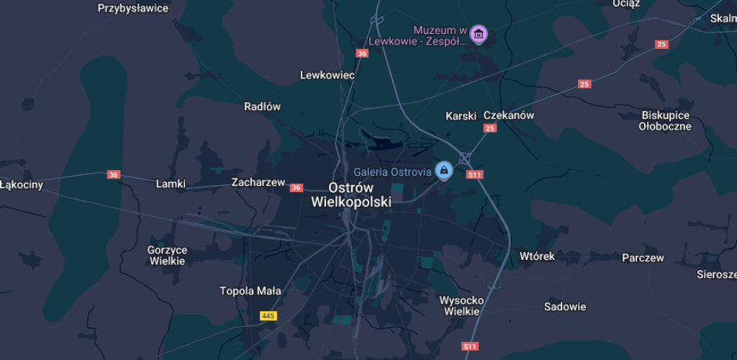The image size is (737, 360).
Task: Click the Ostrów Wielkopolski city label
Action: tap(351, 194)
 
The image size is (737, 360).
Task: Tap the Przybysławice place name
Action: tap(133, 9)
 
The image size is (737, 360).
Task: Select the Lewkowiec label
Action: tap(327, 75)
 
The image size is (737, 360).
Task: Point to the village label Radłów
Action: tap(262, 107)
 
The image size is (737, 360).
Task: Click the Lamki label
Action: tap(171, 184)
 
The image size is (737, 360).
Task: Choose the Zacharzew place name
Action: tap(258, 182)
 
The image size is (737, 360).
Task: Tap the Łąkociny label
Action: tap(22, 185)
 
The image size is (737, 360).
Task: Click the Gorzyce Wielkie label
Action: tap(167, 256)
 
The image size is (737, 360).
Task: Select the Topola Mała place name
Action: tap(250, 292)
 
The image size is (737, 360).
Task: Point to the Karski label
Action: tap(461, 115)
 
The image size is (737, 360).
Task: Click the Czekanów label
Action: tap(509, 115)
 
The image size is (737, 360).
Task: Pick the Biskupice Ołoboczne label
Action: tap(665, 121)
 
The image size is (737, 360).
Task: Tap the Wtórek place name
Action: tap(538, 256)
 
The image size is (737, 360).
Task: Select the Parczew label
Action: tap(643, 258)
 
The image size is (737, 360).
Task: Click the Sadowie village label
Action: tap(565, 307)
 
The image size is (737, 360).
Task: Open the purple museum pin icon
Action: tap(478, 33)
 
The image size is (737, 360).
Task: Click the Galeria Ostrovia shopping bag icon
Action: tap(444, 171)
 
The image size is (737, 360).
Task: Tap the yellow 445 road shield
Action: tap(268, 316)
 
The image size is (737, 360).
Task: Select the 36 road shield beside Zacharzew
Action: tap(297, 188)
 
